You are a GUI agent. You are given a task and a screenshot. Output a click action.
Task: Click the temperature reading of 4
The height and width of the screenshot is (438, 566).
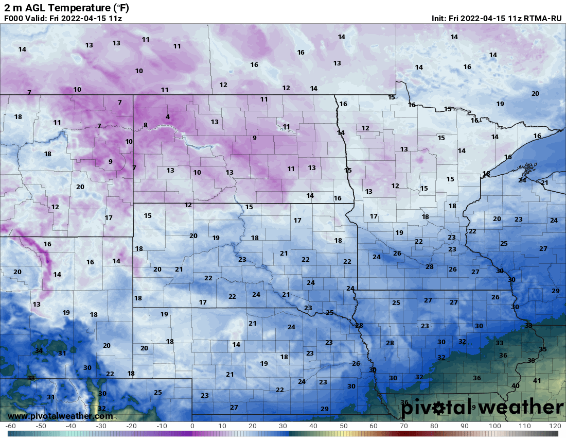point(168,117)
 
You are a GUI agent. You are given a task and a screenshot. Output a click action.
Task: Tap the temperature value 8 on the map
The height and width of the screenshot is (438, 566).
point(146,125)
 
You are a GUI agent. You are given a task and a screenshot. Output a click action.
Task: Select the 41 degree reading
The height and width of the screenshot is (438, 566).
point(537,381)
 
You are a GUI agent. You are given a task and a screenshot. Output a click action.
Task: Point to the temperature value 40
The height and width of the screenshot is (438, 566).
point(516,386)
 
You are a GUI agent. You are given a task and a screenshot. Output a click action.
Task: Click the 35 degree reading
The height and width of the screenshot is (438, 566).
point(542,349)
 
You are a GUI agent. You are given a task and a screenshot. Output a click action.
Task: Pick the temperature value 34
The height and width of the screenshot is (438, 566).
point(39,351)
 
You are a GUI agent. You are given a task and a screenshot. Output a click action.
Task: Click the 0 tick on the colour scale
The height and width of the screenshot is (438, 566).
point(192,426)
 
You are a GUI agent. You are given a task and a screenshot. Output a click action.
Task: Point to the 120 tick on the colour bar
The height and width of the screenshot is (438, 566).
point(555,426)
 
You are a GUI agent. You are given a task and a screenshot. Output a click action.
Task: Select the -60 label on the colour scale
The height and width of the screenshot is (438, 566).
point(10,426)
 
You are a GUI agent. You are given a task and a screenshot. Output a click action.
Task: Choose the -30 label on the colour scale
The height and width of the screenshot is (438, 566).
point(101,426)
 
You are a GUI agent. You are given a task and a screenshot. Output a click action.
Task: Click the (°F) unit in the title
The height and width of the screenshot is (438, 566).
point(118,7)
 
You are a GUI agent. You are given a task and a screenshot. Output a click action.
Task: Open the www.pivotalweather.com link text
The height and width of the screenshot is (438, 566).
point(60,416)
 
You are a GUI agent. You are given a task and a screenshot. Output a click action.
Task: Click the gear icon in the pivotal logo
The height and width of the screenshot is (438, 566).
point(438,408)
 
